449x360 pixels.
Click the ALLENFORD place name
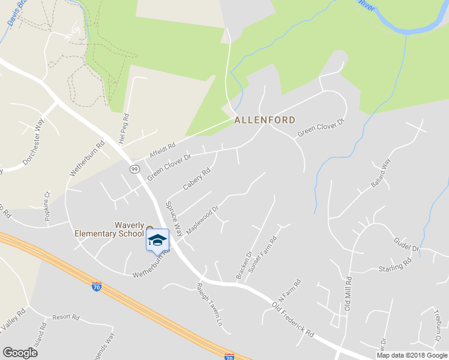(x=265, y=120)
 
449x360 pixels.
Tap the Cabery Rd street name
(x=197, y=178)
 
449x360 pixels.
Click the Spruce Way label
(x=174, y=217)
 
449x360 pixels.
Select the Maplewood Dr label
(x=201, y=221)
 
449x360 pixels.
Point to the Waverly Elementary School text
(x=109, y=229)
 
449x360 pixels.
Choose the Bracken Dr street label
(x=243, y=265)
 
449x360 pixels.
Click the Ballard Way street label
(x=381, y=173)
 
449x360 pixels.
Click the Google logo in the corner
(x=20, y=353)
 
